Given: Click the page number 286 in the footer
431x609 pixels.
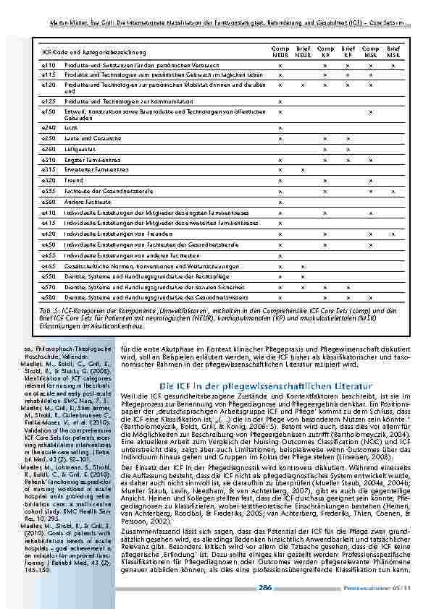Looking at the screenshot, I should [266, 588].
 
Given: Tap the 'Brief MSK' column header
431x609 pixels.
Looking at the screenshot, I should [393, 53].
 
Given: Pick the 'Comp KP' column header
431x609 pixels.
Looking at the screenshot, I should [325, 53].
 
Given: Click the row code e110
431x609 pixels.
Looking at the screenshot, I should [49, 66].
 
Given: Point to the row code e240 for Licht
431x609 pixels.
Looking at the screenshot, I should [49, 127].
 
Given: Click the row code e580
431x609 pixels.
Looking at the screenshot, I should [49, 297].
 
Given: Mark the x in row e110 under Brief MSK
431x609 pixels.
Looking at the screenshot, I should [393, 66].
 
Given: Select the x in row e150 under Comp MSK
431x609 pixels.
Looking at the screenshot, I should [370, 112].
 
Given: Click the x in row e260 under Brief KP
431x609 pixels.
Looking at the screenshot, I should [348, 149].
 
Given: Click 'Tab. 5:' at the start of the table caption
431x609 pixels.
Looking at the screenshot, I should [49, 309].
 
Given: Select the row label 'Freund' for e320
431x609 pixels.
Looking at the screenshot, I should [73, 180].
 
